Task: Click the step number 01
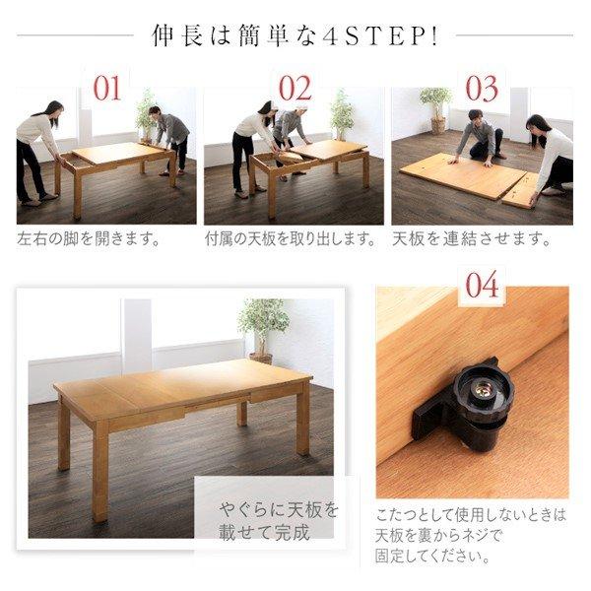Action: [106, 89]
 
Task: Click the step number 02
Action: [295, 89]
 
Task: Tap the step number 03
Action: [482, 89]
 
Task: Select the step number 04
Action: [482, 287]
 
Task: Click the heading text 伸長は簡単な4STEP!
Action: [295, 35]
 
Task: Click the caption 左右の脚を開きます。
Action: [89, 239]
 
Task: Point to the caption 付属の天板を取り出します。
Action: [291, 239]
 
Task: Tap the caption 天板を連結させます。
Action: [471, 239]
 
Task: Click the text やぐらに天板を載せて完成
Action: [279, 521]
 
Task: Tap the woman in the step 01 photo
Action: [38, 148]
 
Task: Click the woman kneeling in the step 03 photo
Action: [553, 153]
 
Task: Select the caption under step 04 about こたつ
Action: [471, 538]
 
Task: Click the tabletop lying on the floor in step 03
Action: [463, 177]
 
